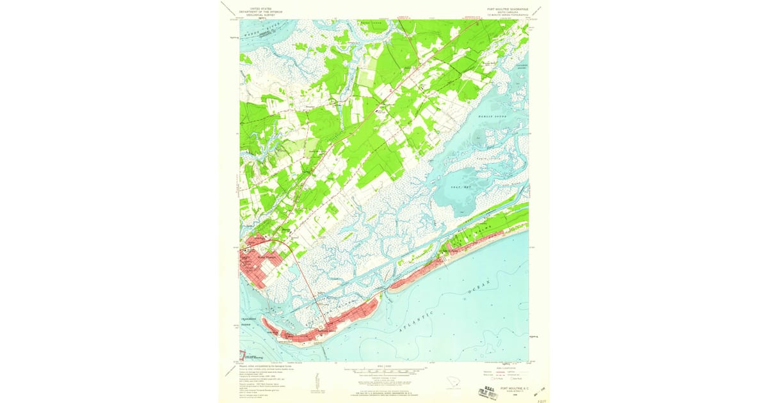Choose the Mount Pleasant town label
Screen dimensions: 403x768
click(269, 258)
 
